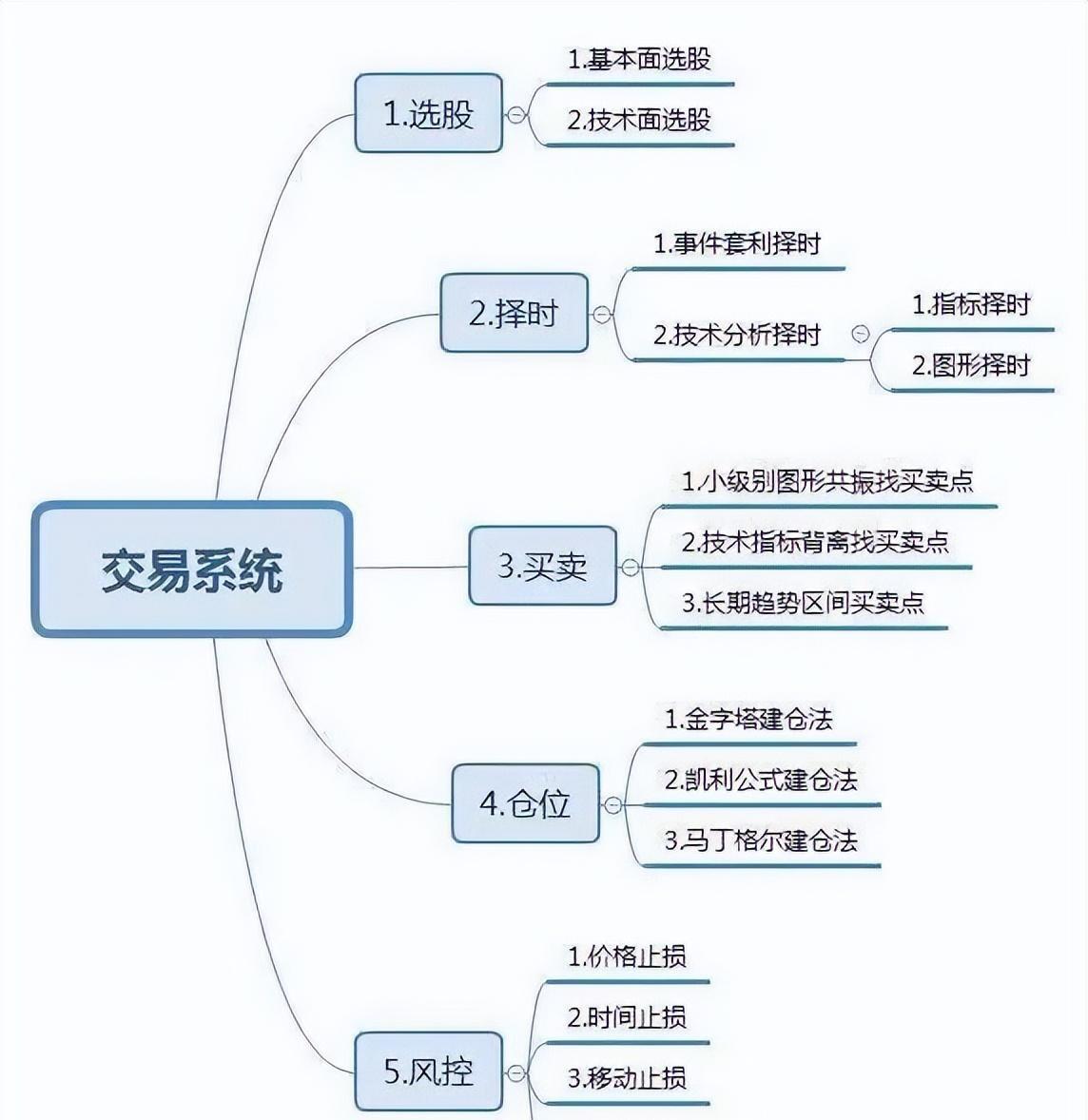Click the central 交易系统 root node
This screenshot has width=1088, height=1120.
point(192,570)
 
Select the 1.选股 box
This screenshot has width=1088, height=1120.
point(429,113)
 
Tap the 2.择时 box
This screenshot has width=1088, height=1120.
point(515,313)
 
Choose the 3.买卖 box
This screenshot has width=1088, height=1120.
point(543,566)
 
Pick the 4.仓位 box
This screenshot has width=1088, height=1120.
point(526,803)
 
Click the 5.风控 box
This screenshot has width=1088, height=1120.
point(429,1071)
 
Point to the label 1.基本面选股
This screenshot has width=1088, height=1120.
point(639,59)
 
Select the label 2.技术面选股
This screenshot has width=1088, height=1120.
point(639,120)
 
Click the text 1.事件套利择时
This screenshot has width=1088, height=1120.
point(737,244)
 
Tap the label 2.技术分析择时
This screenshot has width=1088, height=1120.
point(737,335)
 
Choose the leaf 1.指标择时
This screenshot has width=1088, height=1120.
point(972,304)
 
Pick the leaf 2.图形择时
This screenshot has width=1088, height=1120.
point(972,365)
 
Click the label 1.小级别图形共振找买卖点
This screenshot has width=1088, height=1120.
point(827,481)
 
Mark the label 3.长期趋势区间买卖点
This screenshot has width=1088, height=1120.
point(803,603)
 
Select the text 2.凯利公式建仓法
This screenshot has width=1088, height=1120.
point(761,780)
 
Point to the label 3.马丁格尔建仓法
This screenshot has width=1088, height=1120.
point(761,840)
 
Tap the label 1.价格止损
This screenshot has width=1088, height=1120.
point(628,956)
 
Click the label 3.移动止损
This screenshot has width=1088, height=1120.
point(628,1077)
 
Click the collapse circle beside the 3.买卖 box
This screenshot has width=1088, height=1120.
point(631,568)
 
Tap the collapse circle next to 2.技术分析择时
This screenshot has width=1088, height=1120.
point(861,334)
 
